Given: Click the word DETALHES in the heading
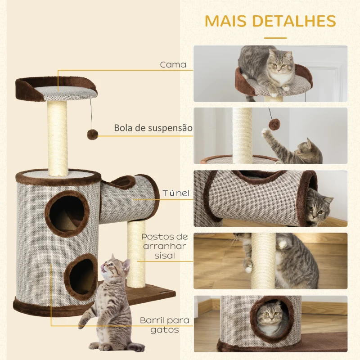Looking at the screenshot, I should click(297, 21).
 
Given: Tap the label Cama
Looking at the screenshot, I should click(173, 65).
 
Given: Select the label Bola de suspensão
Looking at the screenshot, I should click(153, 128).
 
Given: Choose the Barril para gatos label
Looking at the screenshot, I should click(164, 325).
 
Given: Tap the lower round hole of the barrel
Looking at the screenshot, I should click(81, 275).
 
